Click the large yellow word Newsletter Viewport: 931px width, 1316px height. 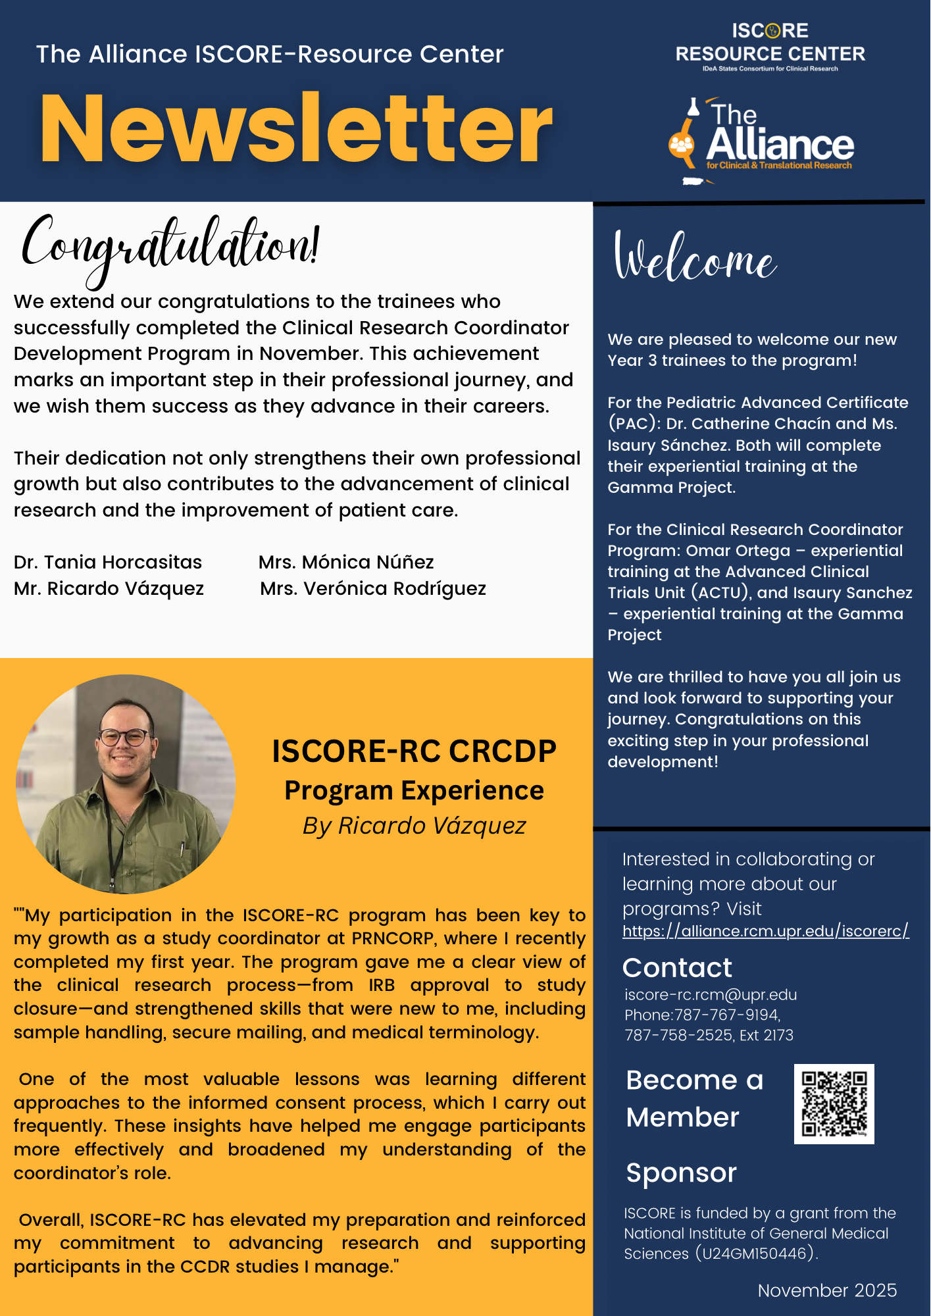[296, 128]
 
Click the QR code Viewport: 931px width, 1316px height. [834, 1103]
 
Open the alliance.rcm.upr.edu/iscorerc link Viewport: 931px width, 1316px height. [765, 931]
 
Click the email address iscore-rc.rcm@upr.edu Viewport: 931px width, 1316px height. [711, 994]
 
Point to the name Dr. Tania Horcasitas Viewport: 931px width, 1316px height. [108, 562]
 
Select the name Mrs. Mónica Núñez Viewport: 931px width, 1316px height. [346, 562]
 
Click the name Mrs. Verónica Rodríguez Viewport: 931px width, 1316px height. [373, 588]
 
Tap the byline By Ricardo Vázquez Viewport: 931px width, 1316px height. [415, 825]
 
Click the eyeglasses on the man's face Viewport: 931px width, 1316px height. [125, 737]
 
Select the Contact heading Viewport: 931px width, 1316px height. [677, 967]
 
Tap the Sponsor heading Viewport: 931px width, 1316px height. [681, 1173]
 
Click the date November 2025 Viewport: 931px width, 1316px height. [827, 1290]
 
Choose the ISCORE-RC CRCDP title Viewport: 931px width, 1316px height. [415, 751]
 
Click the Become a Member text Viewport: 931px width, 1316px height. [694, 1098]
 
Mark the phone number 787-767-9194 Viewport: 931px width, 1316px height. [727, 1015]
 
